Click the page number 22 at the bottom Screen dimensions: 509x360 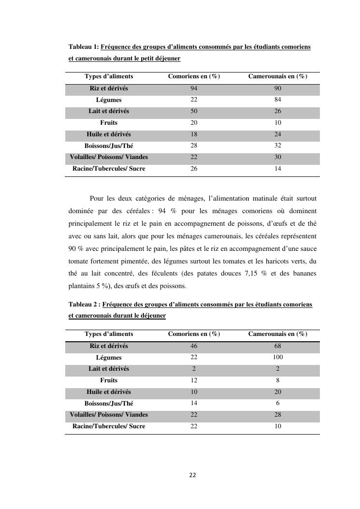click(192, 475)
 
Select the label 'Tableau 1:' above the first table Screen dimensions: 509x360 click(84, 47)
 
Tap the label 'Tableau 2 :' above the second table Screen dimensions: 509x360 click(85, 305)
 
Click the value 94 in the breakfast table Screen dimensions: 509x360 click(194, 88)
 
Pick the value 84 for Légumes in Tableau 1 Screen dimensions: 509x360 click(277, 100)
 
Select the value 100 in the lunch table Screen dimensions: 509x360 click(277, 357)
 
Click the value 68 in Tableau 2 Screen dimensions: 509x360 click(277, 346)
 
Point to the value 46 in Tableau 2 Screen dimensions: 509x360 click(194, 346)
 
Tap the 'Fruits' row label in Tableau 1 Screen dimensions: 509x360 click(109, 123)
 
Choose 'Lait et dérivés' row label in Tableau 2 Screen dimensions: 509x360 click(109, 369)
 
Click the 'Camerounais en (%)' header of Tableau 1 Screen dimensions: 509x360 click(278, 76)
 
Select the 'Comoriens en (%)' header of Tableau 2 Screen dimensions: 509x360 click(194, 334)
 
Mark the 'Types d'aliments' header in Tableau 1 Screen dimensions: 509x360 click(109, 76)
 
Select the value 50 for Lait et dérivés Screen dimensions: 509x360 click(194, 111)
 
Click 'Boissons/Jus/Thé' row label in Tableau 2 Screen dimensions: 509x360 click(109, 403)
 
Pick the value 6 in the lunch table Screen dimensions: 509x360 click(277, 403)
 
